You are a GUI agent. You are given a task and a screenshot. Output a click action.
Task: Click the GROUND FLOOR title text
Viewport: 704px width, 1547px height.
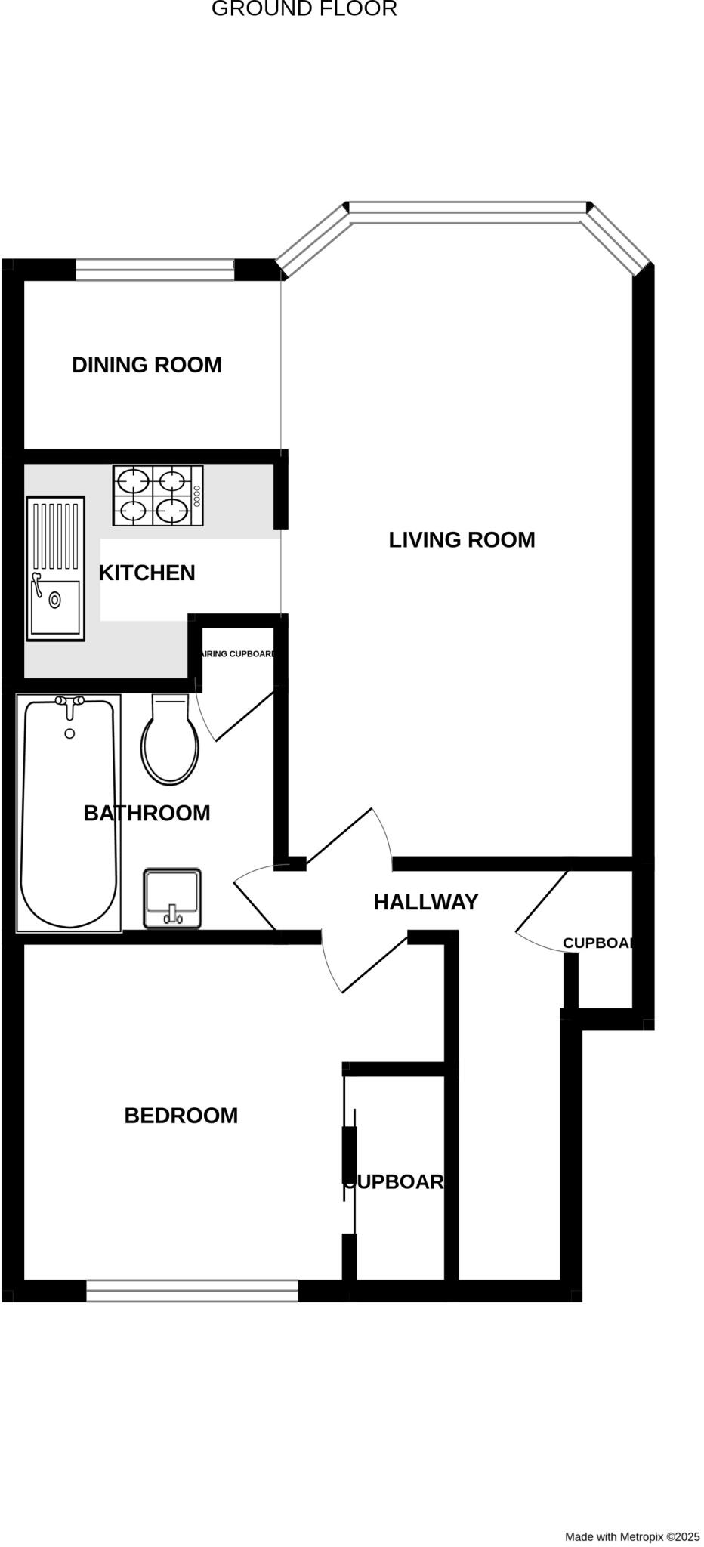[304, 9]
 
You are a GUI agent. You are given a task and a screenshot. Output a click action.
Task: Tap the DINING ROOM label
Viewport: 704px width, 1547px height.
[147, 365]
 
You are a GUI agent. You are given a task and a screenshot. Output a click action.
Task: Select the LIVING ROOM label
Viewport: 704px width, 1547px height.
[462, 540]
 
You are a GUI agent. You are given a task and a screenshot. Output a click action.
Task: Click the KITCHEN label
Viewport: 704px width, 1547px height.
[147, 573]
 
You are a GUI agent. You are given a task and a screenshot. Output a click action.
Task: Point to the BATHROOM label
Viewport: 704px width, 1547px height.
[147, 814]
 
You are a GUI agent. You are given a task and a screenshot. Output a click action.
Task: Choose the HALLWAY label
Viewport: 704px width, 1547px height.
[426, 903]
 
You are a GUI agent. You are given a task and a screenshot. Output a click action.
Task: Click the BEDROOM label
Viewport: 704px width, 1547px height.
[181, 1116]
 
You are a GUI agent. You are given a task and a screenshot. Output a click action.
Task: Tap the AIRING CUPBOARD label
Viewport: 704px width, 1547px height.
[237, 654]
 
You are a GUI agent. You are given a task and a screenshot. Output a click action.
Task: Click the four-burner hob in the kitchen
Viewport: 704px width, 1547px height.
[159, 496]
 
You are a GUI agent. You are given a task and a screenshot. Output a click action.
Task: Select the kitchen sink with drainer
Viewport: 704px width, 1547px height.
[55, 568]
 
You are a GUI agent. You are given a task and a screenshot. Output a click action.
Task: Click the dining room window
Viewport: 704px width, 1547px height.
[155, 270]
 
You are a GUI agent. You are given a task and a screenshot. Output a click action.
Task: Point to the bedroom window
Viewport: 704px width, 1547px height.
[192, 1291]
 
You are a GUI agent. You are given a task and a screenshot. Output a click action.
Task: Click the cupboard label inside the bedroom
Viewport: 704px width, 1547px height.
[394, 1182]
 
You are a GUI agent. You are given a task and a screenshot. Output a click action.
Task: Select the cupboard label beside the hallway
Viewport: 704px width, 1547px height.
[597, 943]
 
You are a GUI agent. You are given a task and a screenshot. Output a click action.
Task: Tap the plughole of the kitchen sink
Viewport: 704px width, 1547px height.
[55, 601]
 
